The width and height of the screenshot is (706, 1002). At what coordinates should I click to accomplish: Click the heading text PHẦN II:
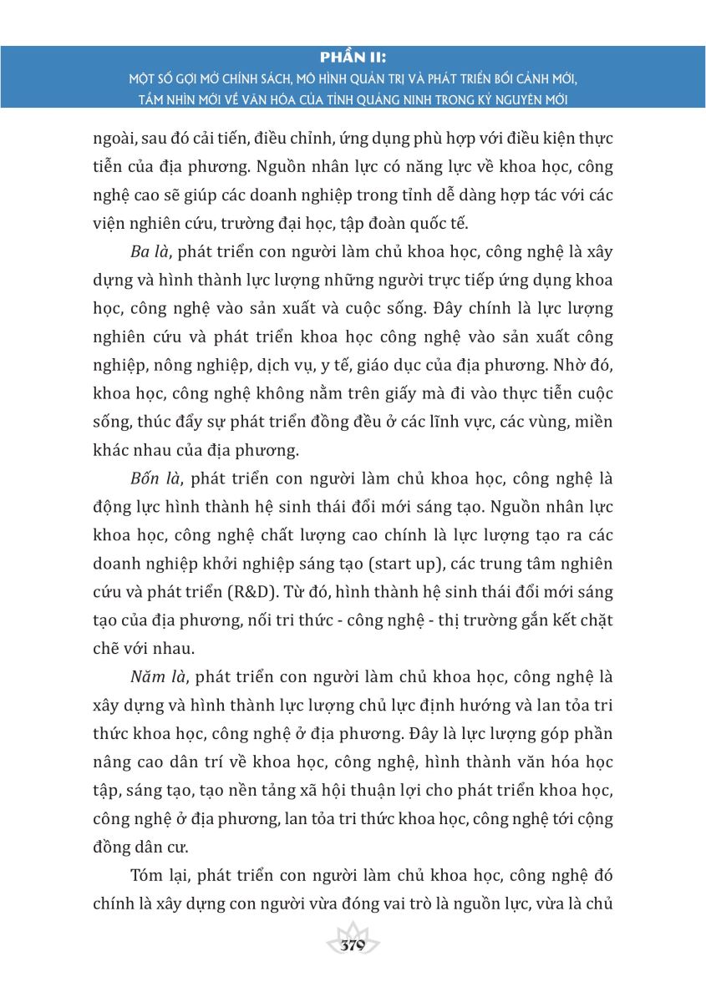[353, 57]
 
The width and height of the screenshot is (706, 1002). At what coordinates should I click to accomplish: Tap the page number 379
[353, 946]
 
